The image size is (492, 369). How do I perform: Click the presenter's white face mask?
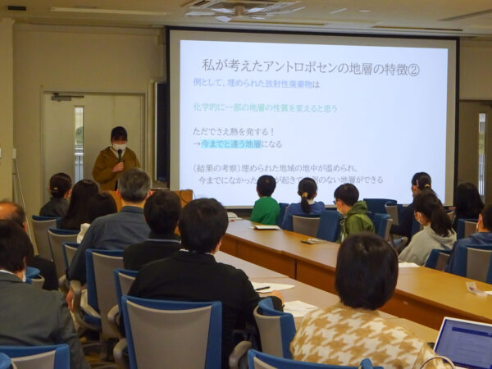pyautogui.click(x=120, y=148)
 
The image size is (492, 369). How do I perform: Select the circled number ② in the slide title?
pyautogui.click(x=412, y=69)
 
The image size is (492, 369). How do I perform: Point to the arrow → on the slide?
pyautogui.click(x=197, y=144)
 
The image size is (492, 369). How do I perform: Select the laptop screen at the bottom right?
pyautogui.click(x=465, y=342)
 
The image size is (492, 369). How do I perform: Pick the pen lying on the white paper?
pyautogui.click(x=262, y=288)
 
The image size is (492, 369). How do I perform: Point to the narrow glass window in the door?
pyautogui.click(x=79, y=143)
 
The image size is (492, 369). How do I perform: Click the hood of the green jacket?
pyautogui.click(x=359, y=208)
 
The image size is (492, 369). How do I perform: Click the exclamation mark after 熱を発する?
pyautogui.click(x=272, y=131)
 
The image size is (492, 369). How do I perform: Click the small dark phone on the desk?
pyautogui.click(x=312, y=240)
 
